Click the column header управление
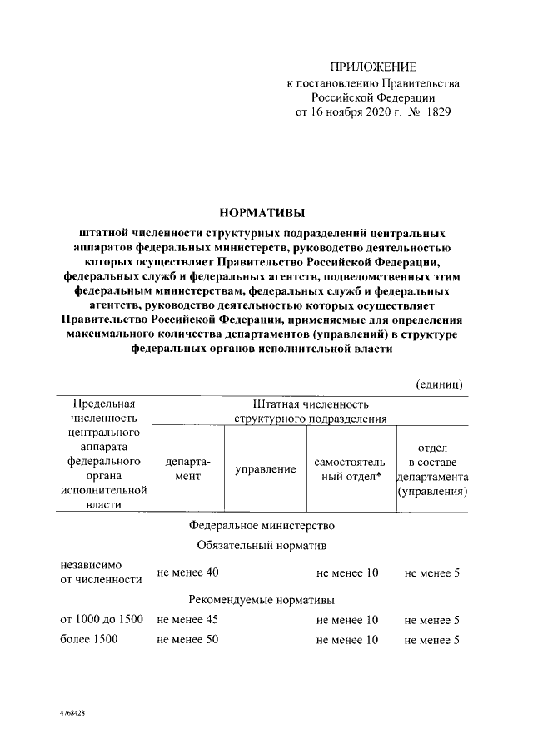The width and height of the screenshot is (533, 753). click(265, 469)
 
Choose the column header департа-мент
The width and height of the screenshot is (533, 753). click(187, 469)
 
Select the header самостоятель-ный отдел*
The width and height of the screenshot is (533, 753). click(347, 469)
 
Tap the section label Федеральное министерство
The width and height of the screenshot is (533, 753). click(261, 526)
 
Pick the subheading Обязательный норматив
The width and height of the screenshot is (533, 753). click(261, 546)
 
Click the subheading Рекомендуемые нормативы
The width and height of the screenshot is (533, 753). click(261, 600)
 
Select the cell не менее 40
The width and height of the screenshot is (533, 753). click(187, 572)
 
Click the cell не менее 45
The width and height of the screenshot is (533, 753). click(187, 620)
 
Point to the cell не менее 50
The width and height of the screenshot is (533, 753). click(187, 640)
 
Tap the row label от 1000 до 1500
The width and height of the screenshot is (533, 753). click(102, 620)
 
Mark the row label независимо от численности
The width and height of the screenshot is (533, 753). click(94, 572)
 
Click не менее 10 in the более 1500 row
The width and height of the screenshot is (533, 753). click(347, 640)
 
